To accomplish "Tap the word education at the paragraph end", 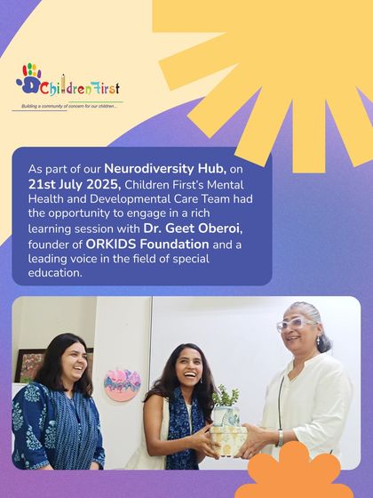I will click(54, 273).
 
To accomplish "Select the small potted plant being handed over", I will click(227, 395).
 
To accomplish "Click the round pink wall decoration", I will click(122, 383).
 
